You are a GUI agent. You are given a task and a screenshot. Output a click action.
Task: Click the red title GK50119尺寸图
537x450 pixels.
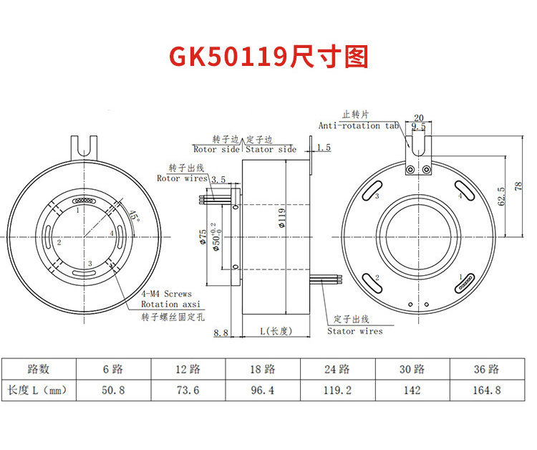(268, 56)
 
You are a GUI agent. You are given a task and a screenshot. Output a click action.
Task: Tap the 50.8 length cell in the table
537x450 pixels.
(113, 391)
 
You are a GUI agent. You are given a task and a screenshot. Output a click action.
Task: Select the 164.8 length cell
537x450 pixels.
(487, 391)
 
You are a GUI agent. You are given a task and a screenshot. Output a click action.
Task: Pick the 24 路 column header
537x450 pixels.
(337, 369)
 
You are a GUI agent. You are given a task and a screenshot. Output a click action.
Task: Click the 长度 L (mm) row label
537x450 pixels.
(37, 391)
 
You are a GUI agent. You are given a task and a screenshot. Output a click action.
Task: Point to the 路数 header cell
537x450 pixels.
(38, 369)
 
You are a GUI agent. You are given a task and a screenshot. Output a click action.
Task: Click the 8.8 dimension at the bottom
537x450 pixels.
(221, 332)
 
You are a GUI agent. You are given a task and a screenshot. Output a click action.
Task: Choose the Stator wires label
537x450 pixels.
(355, 331)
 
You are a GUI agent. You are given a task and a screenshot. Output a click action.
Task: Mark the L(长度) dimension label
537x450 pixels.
(276, 331)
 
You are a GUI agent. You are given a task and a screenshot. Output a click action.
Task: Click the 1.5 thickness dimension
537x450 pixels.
(324, 148)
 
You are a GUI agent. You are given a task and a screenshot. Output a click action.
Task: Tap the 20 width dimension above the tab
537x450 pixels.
(419, 118)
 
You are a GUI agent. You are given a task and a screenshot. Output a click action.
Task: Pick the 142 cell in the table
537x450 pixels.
(412, 391)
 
